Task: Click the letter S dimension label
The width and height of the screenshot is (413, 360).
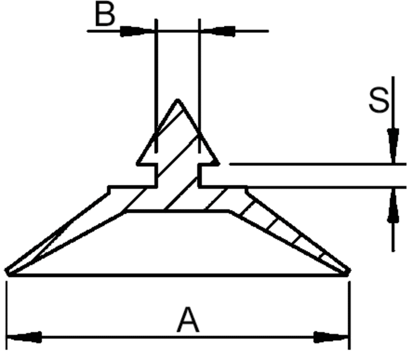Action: pyautogui.click(x=379, y=101)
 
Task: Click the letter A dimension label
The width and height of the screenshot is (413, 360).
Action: pyautogui.click(x=188, y=320)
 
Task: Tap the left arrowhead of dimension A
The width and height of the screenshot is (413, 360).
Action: pyautogui.click(x=25, y=337)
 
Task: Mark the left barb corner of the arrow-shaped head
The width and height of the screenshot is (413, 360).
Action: pyautogui.click(x=138, y=163)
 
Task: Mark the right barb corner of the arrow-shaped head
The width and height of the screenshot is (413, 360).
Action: pyautogui.click(x=218, y=163)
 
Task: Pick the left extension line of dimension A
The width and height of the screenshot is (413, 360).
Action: pyautogui.click(x=7, y=310)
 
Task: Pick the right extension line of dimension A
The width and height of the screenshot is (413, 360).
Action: pyautogui.click(x=349, y=310)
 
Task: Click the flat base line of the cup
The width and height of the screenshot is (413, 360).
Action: pyautogui.click(x=178, y=274)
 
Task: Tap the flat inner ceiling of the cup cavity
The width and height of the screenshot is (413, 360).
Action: pyautogui.click(x=178, y=211)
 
